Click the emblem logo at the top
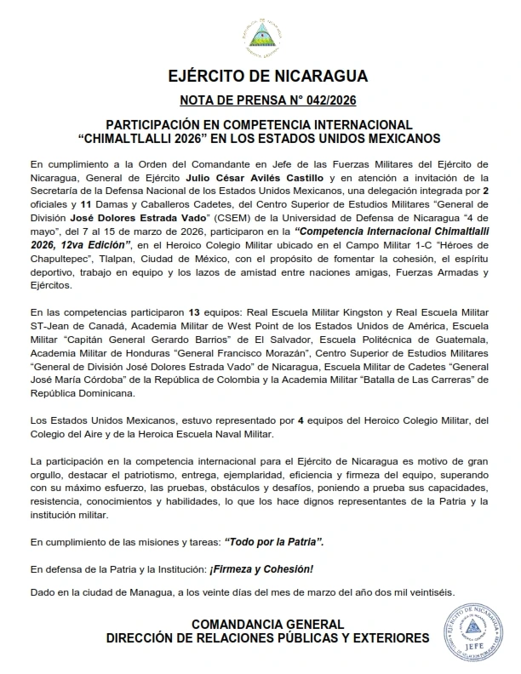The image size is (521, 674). pos(260,35)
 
